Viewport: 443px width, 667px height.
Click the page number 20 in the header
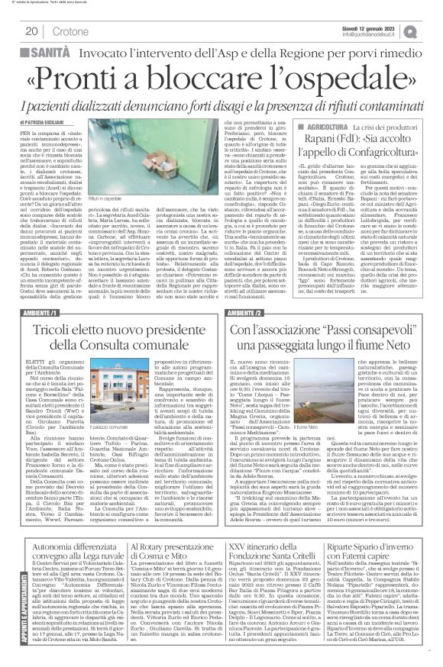coord(32,31)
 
